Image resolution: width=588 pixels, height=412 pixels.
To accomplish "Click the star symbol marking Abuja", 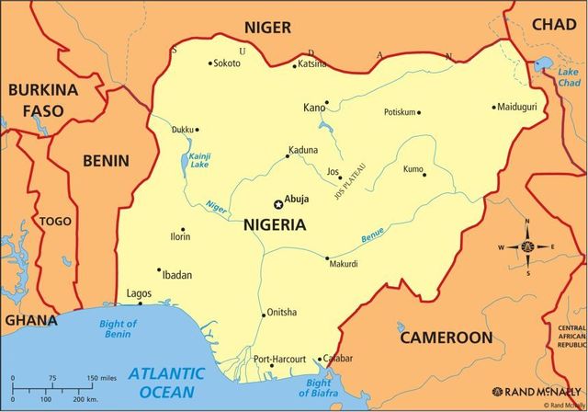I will coord(279,204).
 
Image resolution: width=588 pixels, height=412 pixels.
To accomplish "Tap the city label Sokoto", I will coord(226,63).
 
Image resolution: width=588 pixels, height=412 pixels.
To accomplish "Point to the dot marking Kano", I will coord(326,103).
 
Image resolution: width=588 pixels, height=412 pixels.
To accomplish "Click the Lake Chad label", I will coord(570,77).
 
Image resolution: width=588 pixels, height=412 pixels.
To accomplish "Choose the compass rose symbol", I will coord(527,247).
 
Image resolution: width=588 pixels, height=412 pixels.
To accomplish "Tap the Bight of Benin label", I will coord(118,329).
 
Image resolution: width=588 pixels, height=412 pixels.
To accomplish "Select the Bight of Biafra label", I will coord(319,388).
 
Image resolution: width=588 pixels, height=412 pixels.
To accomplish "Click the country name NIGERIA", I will coord(275,223).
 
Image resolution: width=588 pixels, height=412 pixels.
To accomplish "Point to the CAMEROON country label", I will coord(446,338).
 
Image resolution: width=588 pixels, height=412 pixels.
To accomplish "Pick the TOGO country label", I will coord(54,222).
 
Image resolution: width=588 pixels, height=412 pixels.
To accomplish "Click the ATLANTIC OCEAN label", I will coord(166,383).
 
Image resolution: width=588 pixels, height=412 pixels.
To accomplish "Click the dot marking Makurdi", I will coord(327,257).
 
